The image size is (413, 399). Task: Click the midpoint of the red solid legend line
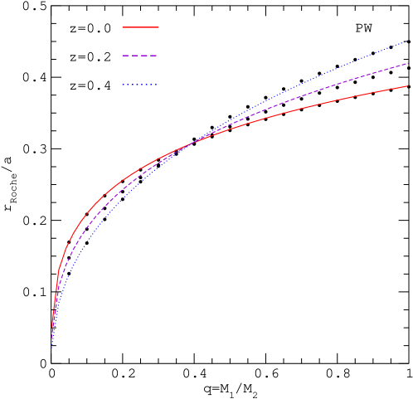coord(140,27)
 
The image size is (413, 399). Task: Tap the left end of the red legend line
coord(123,27)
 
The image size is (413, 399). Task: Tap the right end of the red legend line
coord(158,27)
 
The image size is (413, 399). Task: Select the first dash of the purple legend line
coord(125,56)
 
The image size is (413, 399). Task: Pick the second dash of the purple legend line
coord(134,56)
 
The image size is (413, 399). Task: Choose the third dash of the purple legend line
coord(143,56)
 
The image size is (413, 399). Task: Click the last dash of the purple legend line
coord(153,56)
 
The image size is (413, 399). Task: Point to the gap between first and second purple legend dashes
coord(130,56)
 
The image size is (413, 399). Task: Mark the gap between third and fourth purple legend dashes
coord(148,56)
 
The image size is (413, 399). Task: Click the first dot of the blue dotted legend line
coord(124,85)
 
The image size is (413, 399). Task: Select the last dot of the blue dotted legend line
coord(156,85)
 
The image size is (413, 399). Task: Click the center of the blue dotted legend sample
coord(140,85)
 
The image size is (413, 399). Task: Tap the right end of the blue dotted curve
coord(408,40)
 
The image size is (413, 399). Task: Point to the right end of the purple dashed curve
coord(408,63)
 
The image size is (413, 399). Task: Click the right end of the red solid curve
coord(408,86)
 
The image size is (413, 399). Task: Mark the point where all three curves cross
coord(191,144)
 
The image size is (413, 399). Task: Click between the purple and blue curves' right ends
coord(408,51)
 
